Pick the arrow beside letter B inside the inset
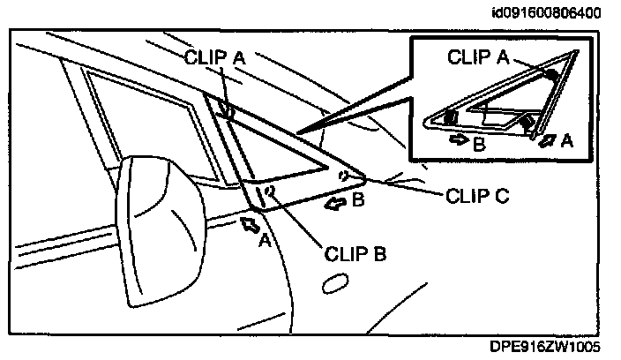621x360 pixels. click(x=460, y=139)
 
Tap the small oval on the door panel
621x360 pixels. click(x=334, y=284)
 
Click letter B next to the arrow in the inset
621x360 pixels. click(x=477, y=144)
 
